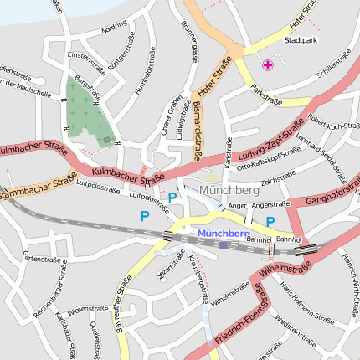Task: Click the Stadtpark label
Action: [x=301, y=40]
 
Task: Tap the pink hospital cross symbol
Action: [x=268, y=64]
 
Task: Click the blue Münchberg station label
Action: [x=224, y=232]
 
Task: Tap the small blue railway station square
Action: [x=224, y=245]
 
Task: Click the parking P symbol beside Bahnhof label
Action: [x=270, y=222]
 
